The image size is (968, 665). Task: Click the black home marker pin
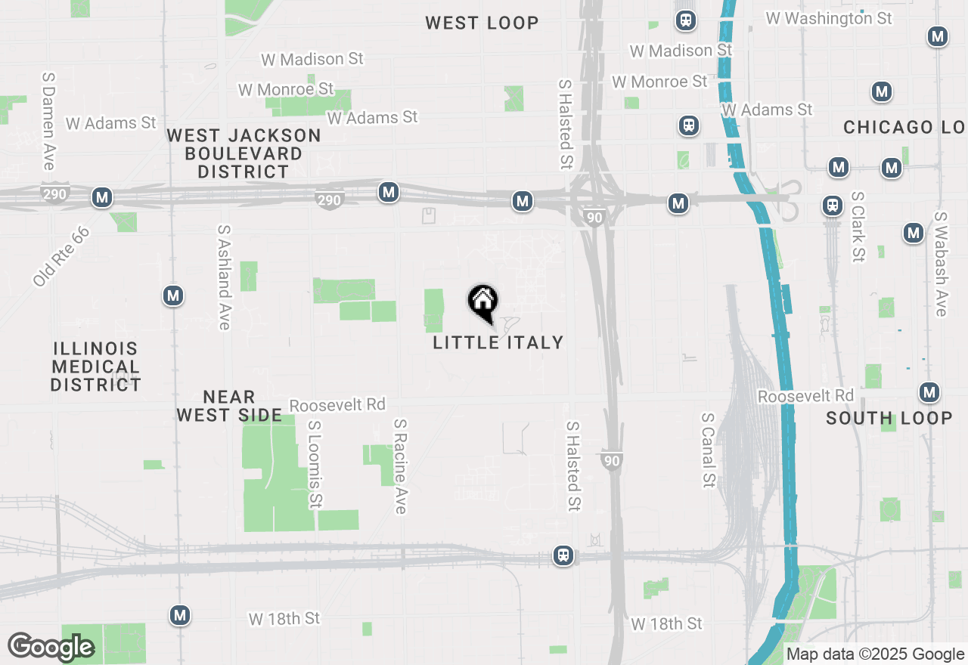(482, 303)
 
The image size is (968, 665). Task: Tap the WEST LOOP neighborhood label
(482, 23)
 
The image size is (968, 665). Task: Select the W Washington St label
(829, 17)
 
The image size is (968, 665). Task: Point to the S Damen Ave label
(49, 121)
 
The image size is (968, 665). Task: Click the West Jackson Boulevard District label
(244, 153)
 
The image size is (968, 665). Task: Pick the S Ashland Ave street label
(223, 277)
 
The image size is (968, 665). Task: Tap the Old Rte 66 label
(61, 255)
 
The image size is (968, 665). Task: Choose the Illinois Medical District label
(95, 367)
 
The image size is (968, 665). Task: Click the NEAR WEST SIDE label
(228, 406)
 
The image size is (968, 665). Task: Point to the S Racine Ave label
(401, 467)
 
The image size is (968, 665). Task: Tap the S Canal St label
(708, 450)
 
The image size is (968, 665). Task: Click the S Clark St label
(858, 226)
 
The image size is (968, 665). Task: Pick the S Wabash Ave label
(941, 263)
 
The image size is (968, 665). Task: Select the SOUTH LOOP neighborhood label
(889, 418)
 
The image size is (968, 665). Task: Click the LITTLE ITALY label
(498, 342)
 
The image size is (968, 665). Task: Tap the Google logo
(51, 646)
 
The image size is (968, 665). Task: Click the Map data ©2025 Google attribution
(875, 654)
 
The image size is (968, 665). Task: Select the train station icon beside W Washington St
(686, 20)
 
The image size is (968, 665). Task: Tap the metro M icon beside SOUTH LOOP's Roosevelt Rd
(929, 392)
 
